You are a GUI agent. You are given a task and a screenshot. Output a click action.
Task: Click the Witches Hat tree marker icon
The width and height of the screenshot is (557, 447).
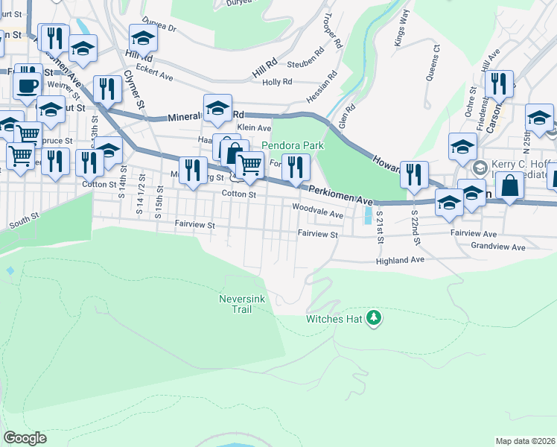(x=374, y=319)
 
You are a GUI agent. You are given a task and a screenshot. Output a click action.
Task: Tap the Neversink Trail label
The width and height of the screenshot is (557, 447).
(x=238, y=303)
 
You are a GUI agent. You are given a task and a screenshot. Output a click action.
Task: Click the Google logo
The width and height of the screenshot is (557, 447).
(x=25, y=438)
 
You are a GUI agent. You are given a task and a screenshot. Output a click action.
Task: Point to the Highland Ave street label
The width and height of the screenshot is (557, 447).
(x=400, y=260)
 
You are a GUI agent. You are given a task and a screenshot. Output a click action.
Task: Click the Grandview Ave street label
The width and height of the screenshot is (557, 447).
(x=498, y=247)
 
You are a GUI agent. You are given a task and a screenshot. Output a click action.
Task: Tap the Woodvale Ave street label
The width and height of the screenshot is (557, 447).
(x=318, y=211)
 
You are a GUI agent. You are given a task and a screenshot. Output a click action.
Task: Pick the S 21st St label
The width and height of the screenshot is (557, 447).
(x=379, y=226)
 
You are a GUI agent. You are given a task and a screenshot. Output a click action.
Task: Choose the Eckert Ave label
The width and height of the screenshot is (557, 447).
(x=156, y=76)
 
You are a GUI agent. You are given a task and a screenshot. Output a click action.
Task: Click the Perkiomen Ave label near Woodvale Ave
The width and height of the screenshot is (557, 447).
(x=340, y=196)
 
